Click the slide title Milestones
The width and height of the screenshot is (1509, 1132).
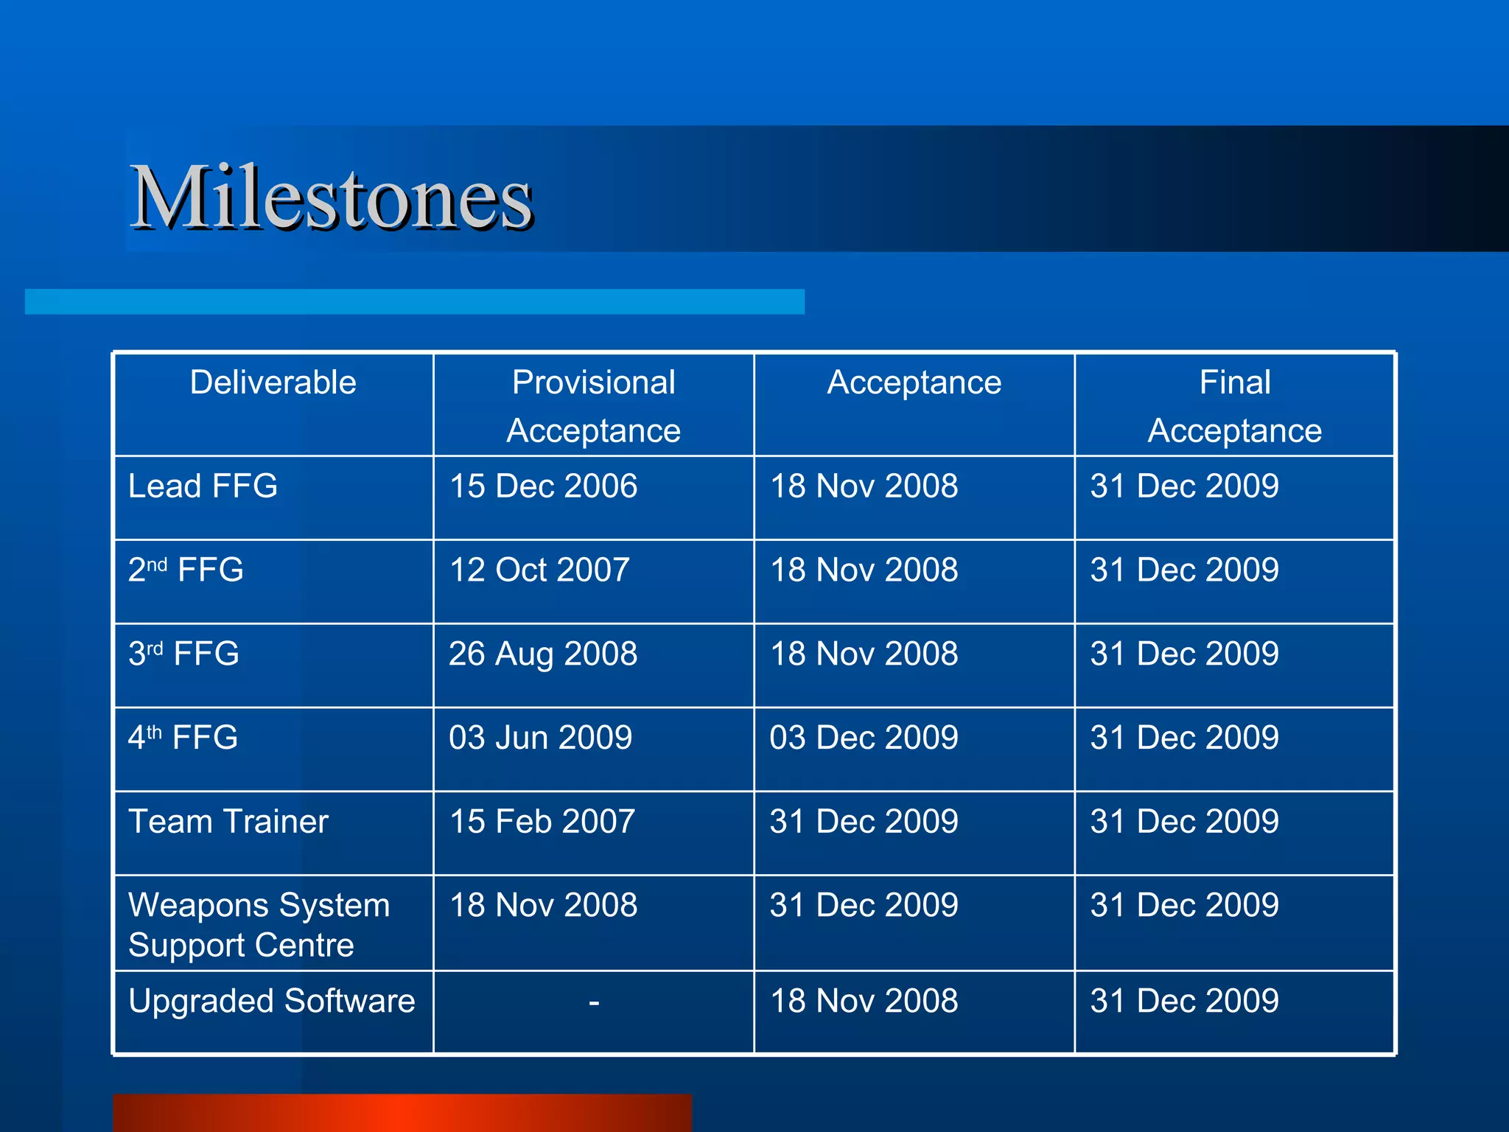click(x=331, y=198)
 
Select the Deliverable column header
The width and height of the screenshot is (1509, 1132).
click(x=273, y=382)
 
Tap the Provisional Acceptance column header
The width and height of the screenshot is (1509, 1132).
click(x=593, y=406)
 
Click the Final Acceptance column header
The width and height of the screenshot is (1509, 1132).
click(x=1234, y=406)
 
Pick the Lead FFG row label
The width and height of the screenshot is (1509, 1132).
click(x=203, y=486)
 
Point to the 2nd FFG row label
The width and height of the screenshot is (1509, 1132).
click(x=186, y=570)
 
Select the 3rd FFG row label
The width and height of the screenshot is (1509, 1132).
click(x=183, y=654)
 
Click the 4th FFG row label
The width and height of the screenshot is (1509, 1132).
click(x=183, y=738)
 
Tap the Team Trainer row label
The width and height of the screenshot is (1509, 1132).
click(x=228, y=822)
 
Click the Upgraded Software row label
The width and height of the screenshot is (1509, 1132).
click(x=271, y=1002)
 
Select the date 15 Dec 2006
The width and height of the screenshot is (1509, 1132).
click(x=543, y=486)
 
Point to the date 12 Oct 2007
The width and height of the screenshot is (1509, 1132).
click(x=539, y=570)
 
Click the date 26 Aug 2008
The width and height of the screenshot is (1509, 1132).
click(x=543, y=654)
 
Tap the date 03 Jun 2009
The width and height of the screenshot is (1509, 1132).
click(x=540, y=738)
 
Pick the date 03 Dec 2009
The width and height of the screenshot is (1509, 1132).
click(x=864, y=738)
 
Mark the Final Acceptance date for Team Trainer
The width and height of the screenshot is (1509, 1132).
click(x=1184, y=822)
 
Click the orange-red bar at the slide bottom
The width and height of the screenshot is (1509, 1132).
click(x=402, y=1113)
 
